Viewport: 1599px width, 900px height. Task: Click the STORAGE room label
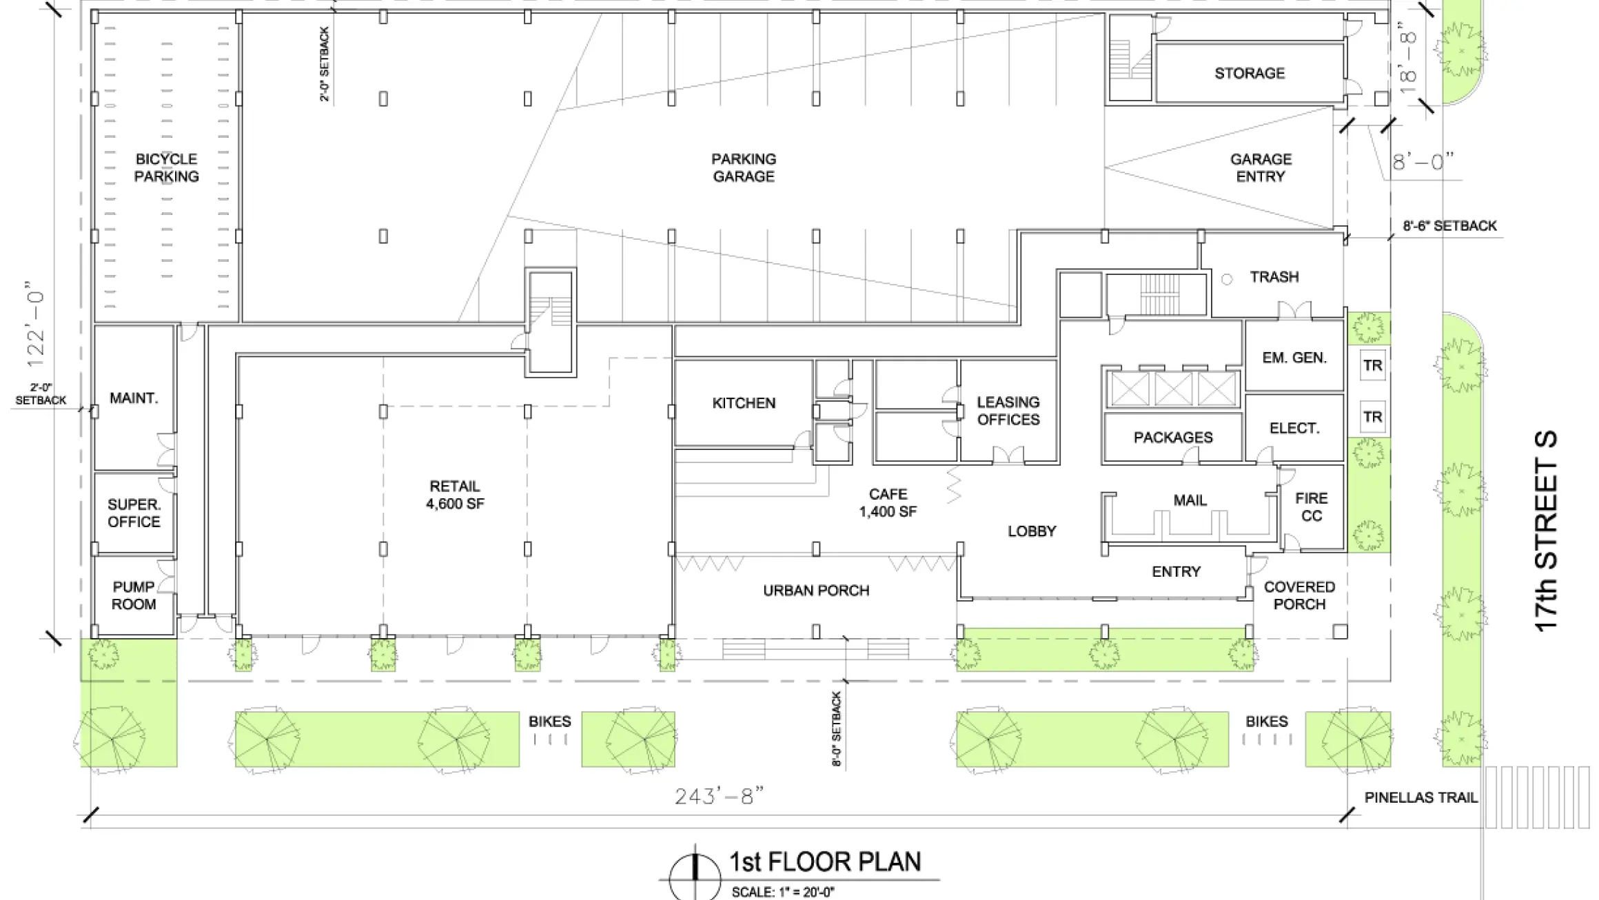click(x=1249, y=73)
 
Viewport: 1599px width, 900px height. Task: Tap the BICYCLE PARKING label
click(x=166, y=167)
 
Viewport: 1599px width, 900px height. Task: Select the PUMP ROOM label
click(x=134, y=595)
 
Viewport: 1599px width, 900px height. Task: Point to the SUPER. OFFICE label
click(x=134, y=513)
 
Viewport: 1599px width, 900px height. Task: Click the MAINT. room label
click(x=134, y=398)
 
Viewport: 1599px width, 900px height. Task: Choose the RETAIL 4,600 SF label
click(x=455, y=495)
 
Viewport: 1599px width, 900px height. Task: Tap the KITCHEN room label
click(x=744, y=403)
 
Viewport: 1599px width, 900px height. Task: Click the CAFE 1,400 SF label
click(x=888, y=502)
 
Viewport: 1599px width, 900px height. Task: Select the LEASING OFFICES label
click(x=1008, y=411)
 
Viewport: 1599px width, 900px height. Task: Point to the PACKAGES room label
click(x=1173, y=438)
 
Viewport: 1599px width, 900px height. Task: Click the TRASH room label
click(x=1274, y=277)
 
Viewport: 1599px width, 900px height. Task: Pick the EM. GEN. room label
click(x=1294, y=358)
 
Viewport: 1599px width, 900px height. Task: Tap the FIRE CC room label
click(x=1311, y=507)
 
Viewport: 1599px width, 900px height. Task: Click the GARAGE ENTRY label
click(x=1261, y=167)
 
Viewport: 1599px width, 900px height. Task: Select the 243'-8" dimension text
click(x=719, y=797)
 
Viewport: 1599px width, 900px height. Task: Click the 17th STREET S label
click(x=1546, y=531)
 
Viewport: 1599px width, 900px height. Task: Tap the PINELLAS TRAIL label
click(x=1421, y=798)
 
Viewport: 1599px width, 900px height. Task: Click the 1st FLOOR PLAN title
click(x=825, y=862)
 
